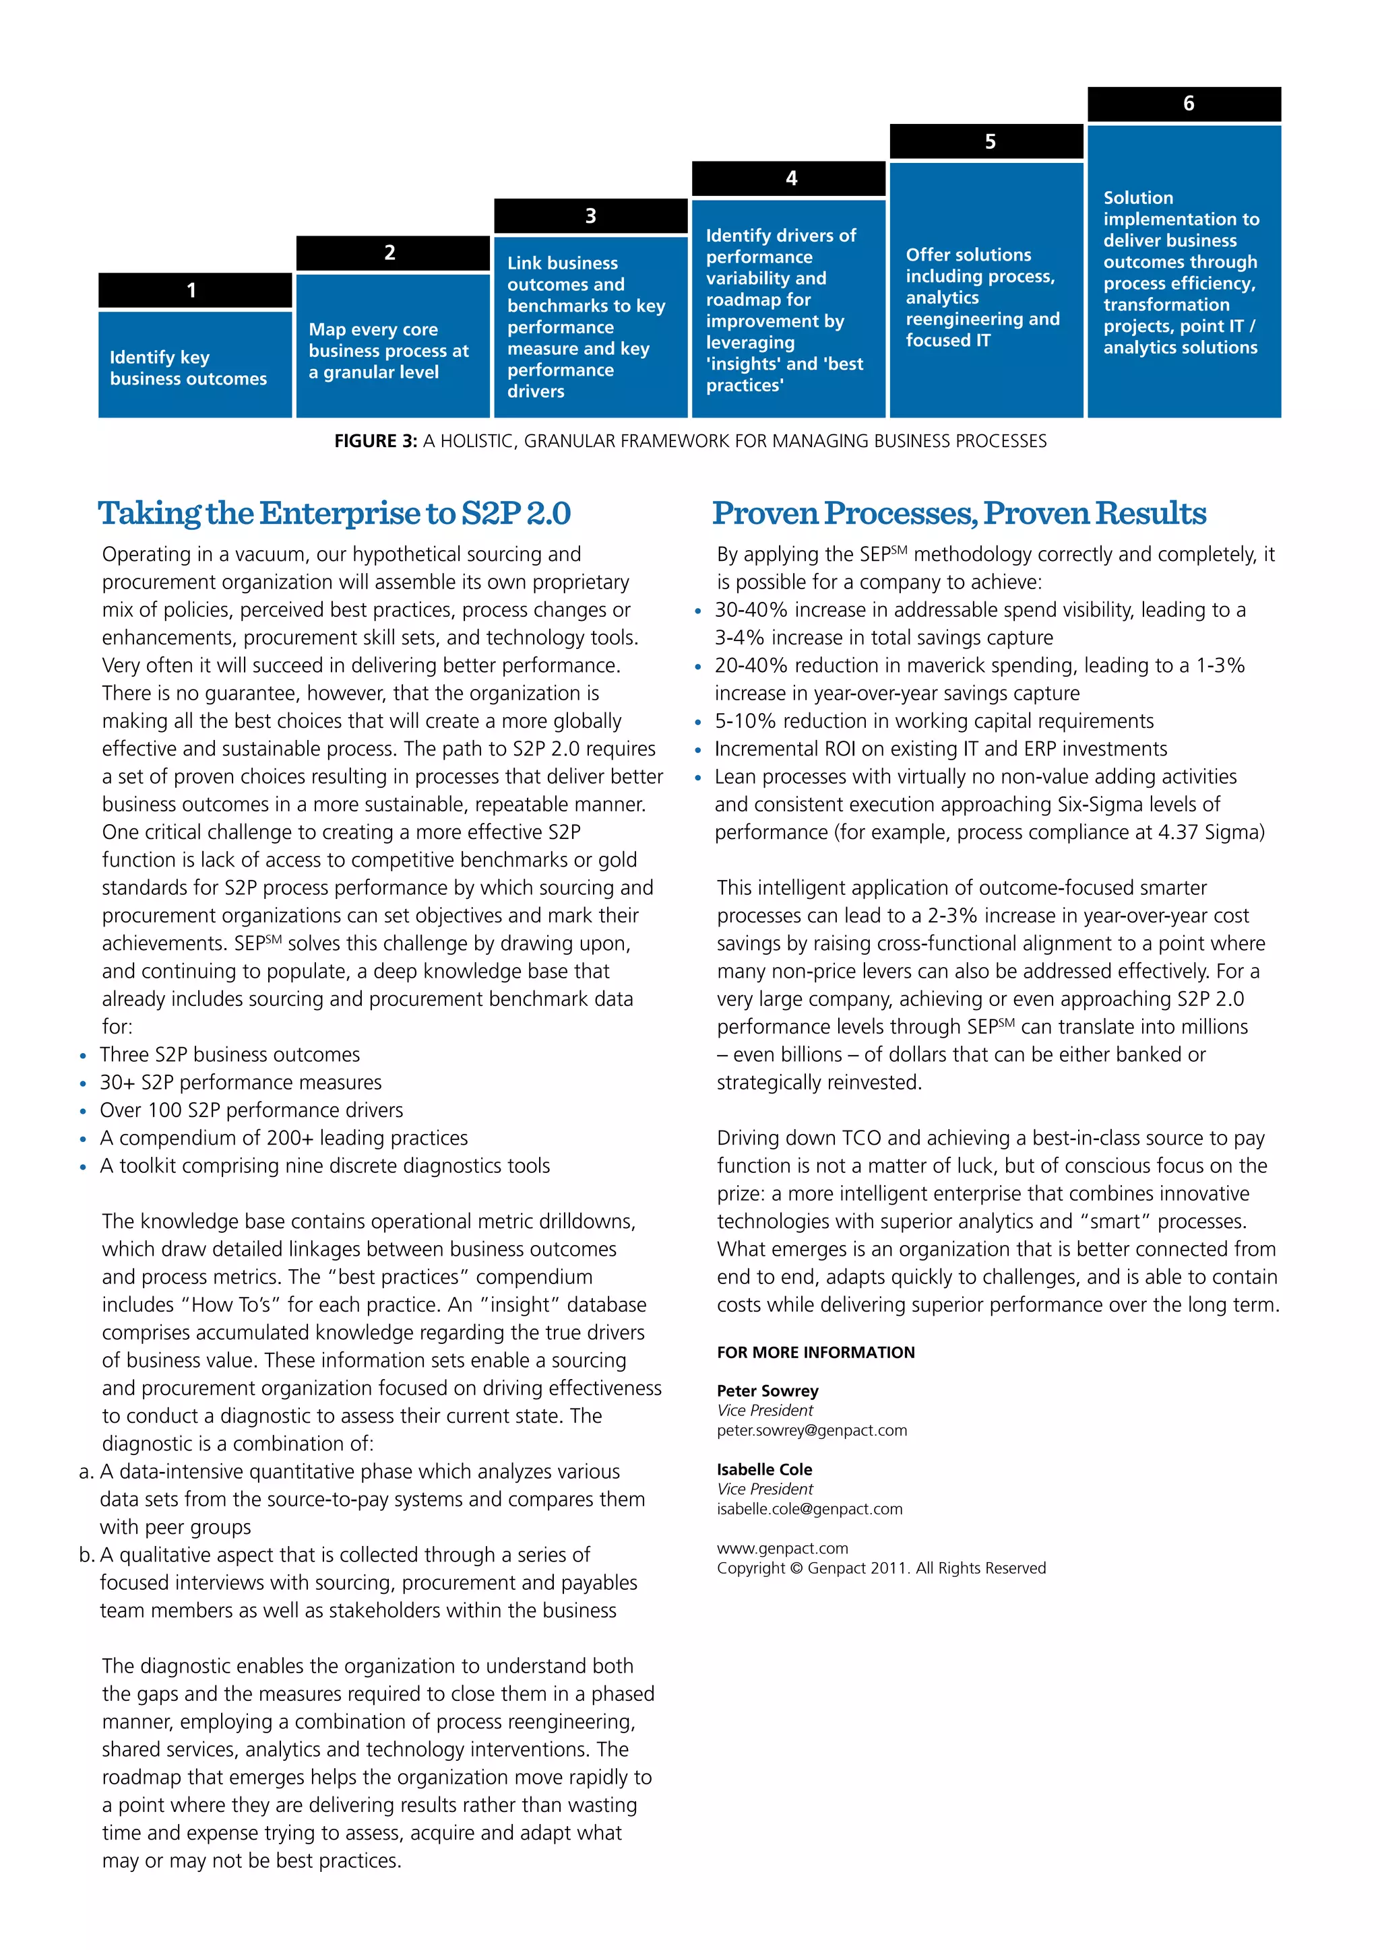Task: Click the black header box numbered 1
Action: tap(195, 290)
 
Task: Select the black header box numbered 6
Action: tap(1184, 104)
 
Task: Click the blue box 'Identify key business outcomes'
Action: tap(195, 365)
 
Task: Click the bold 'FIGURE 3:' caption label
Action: tap(375, 441)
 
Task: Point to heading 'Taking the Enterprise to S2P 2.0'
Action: tap(334, 513)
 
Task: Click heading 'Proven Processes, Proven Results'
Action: tap(959, 513)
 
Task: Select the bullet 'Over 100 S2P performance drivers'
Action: tap(251, 1110)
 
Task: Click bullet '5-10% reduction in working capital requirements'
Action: tap(933, 721)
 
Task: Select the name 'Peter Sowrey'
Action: tap(767, 1390)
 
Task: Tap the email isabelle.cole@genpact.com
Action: tap(809, 1508)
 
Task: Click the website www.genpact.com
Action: tap(782, 1548)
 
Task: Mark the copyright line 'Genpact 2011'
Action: tap(880, 1568)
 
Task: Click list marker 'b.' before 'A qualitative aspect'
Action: tap(86, 1555)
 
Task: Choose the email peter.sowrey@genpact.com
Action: tap(811, 1430)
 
